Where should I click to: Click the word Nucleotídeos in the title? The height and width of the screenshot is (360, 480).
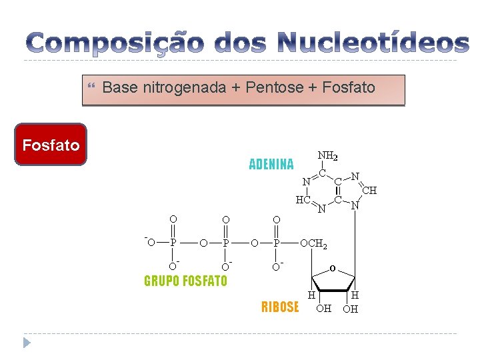(373, 43)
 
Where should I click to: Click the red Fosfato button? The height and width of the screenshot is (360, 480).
(51, 145)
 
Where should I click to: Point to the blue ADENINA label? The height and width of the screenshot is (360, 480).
(271, 164)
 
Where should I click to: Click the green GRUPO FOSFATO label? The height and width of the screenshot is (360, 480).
(185, 281)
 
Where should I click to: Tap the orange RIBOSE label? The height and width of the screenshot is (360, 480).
(280, 307)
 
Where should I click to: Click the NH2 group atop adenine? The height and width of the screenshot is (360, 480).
(327, 157)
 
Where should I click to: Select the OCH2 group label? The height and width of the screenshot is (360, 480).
(313, 243)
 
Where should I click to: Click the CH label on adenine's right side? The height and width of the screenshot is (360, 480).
(369, 191)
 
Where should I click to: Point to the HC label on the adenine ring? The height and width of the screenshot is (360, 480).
(303, 199)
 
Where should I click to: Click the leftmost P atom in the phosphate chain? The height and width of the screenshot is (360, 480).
(173, 243)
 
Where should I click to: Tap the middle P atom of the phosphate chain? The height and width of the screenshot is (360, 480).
(226, 243)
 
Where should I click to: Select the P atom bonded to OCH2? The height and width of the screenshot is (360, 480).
(277, 243)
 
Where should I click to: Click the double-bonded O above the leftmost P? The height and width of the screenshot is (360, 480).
(173, 219)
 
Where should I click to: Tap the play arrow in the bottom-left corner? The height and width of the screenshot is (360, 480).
(27, 342)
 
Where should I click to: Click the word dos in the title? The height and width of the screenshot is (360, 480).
(239, 43)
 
